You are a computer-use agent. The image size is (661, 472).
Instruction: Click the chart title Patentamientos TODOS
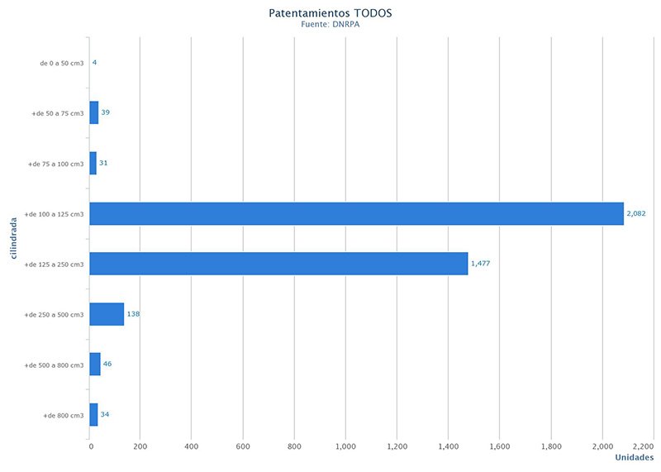click(x=330, y=13)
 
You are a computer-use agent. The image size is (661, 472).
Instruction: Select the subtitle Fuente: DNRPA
click(x=330, y=25)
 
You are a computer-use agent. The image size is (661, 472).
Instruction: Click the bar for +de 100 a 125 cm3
click(x=356, y=213)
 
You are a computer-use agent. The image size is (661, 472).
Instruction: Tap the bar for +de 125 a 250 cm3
click(x=278, y=264)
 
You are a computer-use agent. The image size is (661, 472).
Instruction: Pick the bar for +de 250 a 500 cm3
click(x=107, y=314)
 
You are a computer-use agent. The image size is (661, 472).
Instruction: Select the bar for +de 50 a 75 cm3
click(x=94, y=112)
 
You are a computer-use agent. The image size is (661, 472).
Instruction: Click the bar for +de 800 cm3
click(x=93, y=414)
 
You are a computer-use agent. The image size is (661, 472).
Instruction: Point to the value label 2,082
click(x=636, y=213)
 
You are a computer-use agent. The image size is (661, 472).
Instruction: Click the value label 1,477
click(x=480, y=264)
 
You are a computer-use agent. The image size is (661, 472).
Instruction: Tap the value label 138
click(x=133, y=314)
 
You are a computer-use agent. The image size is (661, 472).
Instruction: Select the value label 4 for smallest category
click(x=95, y=62)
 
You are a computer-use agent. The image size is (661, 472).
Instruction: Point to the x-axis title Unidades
click(x=635, y=457)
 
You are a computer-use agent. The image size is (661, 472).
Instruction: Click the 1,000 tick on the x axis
click(x=345, y=446)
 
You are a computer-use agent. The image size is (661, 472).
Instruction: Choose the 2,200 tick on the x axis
click(x=641, y=446)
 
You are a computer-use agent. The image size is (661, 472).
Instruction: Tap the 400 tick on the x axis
click(x=192, y=446)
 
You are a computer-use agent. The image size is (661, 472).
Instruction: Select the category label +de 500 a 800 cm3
click(x=55, y=365)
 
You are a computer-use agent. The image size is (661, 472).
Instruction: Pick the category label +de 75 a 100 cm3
click(x=56, y=164)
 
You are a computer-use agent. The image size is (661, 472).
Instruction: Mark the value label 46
click(x=107, y=364)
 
